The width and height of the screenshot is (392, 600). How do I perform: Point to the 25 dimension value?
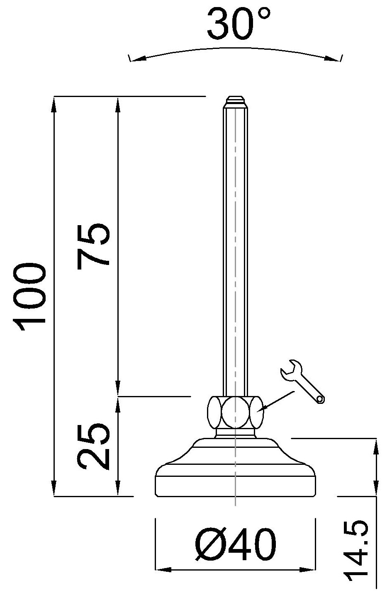point(94,446)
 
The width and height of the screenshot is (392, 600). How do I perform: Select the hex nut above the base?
point(235,412)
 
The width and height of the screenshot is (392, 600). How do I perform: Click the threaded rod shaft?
point(236,249)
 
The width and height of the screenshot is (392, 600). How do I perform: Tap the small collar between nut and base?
point(235,433)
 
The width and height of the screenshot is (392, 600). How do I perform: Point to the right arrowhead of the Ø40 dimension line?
point(309,570)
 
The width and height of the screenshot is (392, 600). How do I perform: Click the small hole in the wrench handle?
point(320,400)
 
